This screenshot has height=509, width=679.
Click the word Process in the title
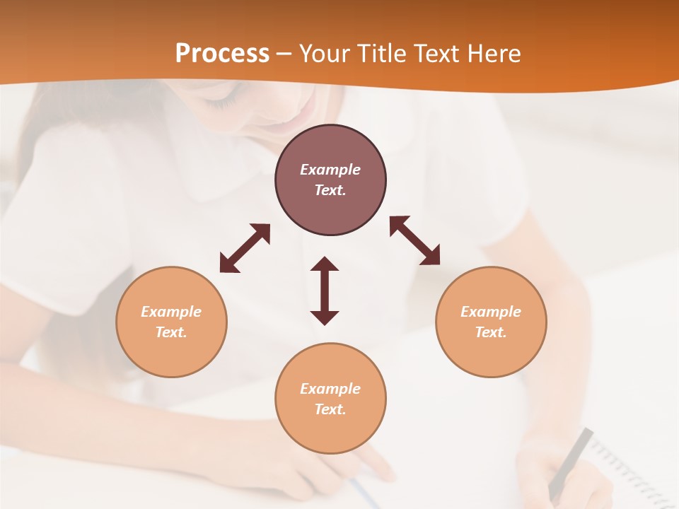[x=222, y=54]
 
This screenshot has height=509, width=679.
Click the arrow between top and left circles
[x=245, y=248]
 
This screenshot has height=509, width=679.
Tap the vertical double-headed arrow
[x=325, y=291]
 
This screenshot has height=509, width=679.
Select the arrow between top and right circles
[x=414, y=240]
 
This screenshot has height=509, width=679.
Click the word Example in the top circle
[x=330, y=170]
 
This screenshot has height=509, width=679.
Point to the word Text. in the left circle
[x=171, y=332]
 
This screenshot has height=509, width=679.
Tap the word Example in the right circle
[x=491, y=312]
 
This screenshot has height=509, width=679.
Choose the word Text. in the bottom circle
[x=330, y=409]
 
